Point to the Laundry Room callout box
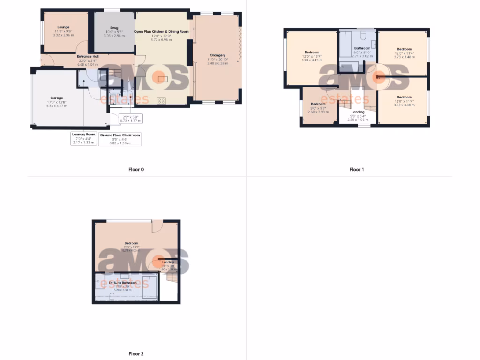coord(83,138)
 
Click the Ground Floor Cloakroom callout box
coord(120,139)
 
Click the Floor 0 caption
coord(136,170)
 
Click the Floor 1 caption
coord(356,170)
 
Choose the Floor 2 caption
coord(136,354)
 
